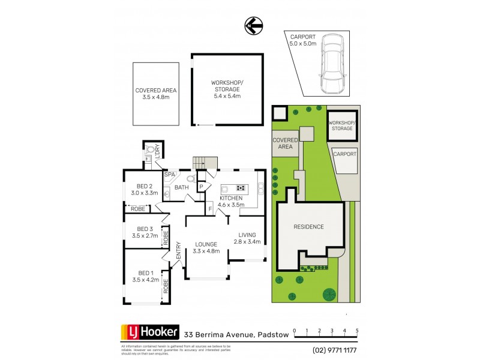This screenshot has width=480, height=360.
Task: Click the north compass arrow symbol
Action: (x=252, y=25)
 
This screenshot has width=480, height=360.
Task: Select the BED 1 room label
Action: (x=146, y=273)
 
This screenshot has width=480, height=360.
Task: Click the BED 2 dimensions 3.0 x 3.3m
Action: (x=145, y=193)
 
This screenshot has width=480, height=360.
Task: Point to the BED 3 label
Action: (x=146, y=229)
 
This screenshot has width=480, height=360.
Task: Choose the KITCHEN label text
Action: (x=230, y=198)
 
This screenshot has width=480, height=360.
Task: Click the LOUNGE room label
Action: (x=206, y=244)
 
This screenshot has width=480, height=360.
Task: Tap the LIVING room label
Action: (x=247, y=235)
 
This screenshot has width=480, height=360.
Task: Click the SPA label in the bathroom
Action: (x=169, y=175)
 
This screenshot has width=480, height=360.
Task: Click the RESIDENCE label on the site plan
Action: (x=309, y=227)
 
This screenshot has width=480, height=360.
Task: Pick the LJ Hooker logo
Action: (x=150, y=332)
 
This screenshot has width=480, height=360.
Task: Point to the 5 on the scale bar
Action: (x=357, y=331)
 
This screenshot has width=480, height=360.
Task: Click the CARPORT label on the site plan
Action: (x=344, y=154)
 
